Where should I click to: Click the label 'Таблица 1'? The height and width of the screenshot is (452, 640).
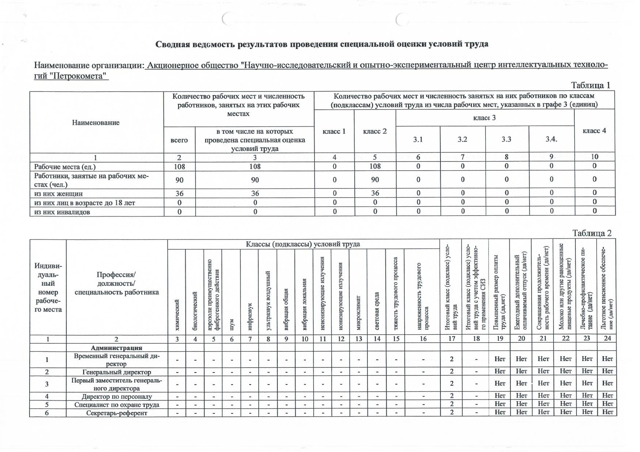click(590, 85)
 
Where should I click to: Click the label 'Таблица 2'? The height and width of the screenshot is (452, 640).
click(591, 233)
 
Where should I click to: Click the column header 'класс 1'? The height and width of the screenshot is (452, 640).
click(334, 131)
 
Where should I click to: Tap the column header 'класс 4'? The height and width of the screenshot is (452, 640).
click(594, 130)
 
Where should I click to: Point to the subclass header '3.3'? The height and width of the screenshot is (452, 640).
click(506, 139)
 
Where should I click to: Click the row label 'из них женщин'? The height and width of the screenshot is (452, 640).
click(58, 194)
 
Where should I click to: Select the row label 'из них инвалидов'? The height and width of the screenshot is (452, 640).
click(62, 212)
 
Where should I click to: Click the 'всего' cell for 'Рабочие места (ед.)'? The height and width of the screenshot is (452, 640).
click(179, 167)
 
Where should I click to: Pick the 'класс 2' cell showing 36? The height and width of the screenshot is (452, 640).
click(375, 193)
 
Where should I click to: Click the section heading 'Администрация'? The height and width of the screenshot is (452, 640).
click(116, 348)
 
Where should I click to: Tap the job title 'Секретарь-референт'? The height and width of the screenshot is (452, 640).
click(117, 413)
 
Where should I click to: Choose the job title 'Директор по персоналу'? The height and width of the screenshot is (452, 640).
click(117, 396)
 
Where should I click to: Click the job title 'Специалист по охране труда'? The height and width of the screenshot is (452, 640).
click(117, 405)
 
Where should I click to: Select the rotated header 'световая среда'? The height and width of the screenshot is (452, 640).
click(377, 311)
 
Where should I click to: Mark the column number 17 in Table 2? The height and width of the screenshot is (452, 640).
click(452, 339)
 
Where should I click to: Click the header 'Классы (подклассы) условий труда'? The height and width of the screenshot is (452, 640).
click(303, 244)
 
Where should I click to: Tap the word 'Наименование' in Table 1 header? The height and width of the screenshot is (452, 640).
click(96, 122)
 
